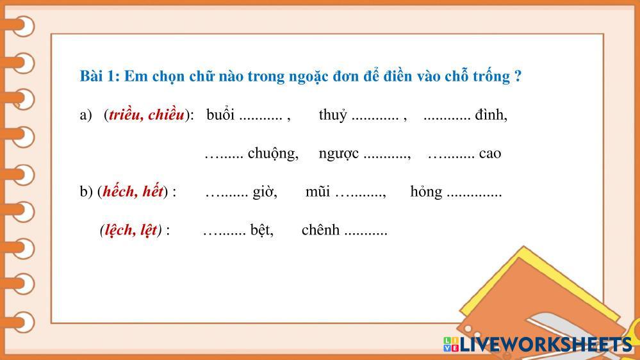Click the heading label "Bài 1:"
(x=99, y=76)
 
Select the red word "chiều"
(x=166, y=115)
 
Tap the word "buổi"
(x=220, y=115)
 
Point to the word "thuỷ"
(x=333, y=115)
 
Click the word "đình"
(x=491, y=115)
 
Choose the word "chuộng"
(x=273, y=154)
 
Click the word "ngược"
(x=338, y=154)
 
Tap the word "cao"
(x=490, y=154)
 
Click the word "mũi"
(x=318, y=192)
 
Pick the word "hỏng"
(x=426, y=192)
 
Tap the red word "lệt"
(x=148, y=230)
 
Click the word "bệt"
(x=261, y=230)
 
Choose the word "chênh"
(x=320, y=230)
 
